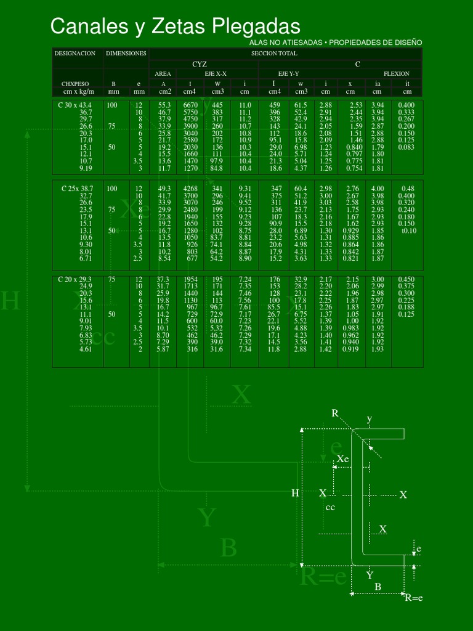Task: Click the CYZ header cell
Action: pyautogui.click(x=200, y=63)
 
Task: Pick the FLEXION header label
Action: pyautogui.click(x=396, y=73)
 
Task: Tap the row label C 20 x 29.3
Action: pyautogui.click(x=75, y=279)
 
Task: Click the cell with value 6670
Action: pyautogui.click(x=190, y=105)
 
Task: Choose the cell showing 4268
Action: pyautogui.click(x=190, y=188)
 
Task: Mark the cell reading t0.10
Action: pyautogui.click(x=408, y=230)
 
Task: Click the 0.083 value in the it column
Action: pyautogui.click(x=406, y=147)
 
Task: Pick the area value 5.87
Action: pyautogui.click(x=163, y=349)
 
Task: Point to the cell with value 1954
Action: pyautogui.click(x=190, y=279)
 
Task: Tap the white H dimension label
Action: pyautogui.click(x=295, y=493)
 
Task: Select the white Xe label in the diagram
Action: pyautogui.click(x=343, y=459)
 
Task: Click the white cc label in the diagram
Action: pyautogui.click(x=330, y=507)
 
